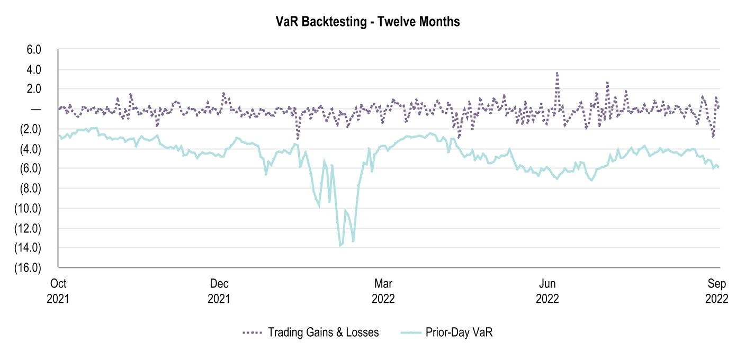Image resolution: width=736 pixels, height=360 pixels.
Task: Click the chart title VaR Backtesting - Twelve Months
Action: coord(367,22)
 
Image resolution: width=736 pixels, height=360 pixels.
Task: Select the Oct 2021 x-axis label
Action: coord(58,290)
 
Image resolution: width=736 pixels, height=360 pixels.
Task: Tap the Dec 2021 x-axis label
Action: coord(219,290)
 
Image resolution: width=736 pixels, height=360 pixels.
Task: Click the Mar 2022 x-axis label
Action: coord(383,290)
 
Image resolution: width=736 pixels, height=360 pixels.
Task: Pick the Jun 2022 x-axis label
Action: coord(547,290)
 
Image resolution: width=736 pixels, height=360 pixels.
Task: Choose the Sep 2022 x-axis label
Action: coord(716,290)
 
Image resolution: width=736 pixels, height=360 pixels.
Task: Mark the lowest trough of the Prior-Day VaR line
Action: coord(340,246)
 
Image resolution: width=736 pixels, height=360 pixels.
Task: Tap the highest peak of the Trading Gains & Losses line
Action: coord(557,73)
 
